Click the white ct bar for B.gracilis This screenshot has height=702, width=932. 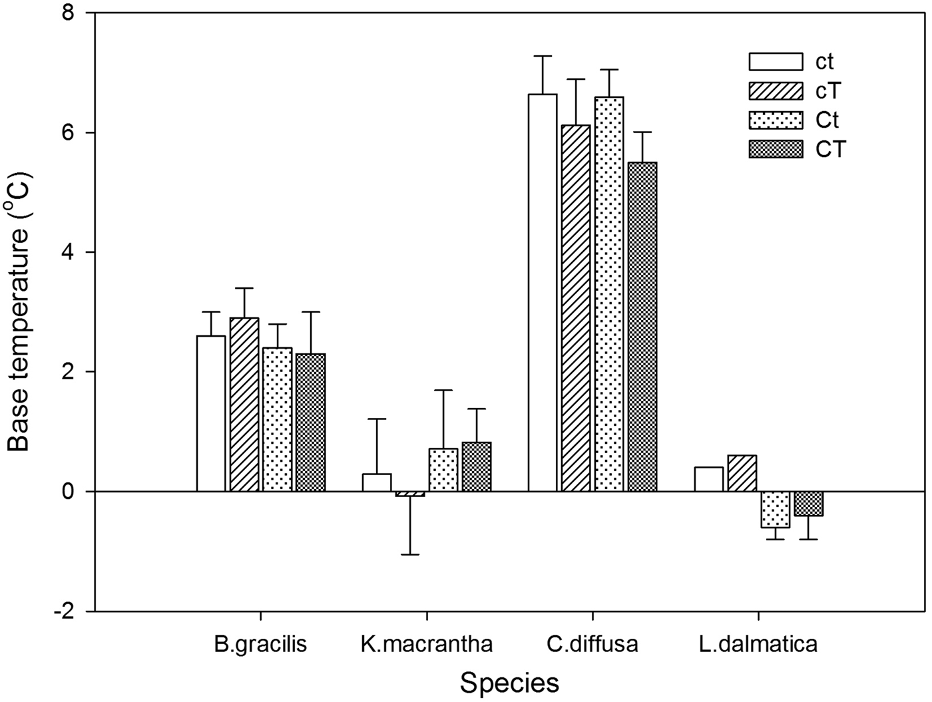(x=211, y=413)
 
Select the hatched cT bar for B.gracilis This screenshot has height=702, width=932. (x=244, y=405)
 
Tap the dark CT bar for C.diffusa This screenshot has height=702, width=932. (x=642, y=327)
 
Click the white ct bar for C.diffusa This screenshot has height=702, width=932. (x=543, y=293)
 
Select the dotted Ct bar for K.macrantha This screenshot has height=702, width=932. (x=443, y=470)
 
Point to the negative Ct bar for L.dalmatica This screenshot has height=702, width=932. (x=776, y=509)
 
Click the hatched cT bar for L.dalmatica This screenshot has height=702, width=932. (x=742, y=473)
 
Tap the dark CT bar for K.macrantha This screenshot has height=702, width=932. (x=477, y=466)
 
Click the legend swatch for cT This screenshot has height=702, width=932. (x=776, y=90)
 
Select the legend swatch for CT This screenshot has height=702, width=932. (x=776, y=149)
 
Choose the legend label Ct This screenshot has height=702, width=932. (x=827, y=120)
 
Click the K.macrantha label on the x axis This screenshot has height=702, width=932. (x=427, y=644)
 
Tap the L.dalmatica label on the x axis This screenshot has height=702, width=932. (x=758, y=644)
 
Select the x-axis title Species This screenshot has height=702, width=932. (x=509, y=683)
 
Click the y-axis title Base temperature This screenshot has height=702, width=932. (x=19, y=313)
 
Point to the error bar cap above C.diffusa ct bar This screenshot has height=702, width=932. (x=543, y=56)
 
